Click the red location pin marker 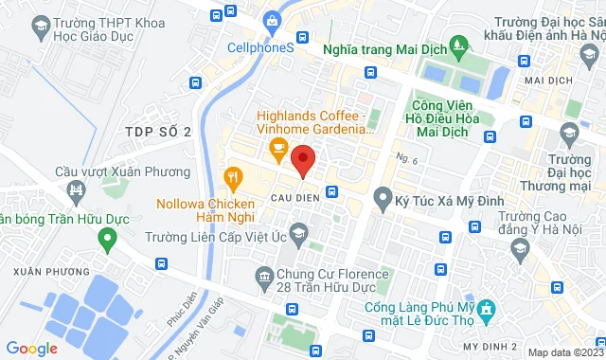302,160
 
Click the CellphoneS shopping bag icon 273,20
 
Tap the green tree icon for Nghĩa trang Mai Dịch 459,45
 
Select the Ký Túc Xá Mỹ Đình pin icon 383,198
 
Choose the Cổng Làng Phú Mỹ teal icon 486,309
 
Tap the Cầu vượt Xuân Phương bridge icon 74,194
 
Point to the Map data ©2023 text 563,352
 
